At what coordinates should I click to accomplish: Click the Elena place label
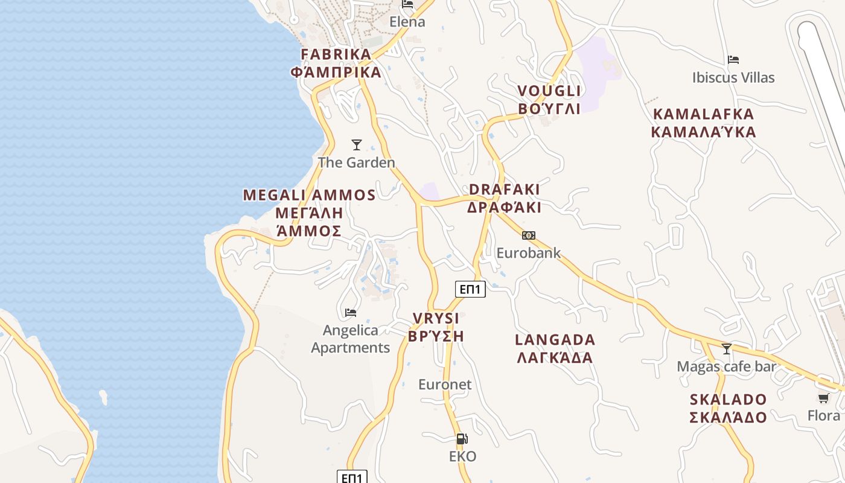(x=407, y=22)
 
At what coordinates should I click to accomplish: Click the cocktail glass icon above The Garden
(x=357, y=145)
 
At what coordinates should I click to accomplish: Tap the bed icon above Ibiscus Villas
(x=733, y=60)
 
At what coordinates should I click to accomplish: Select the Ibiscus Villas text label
(x=733, y=78)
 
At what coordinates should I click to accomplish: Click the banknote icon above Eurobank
(x=529, y=235)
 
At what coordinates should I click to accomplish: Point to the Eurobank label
(x=529, y=253)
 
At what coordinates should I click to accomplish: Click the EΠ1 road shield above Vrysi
(x=470, y=289)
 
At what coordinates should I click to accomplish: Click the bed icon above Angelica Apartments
(x=351, y=312)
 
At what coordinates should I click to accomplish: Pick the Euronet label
(x=445, y=385)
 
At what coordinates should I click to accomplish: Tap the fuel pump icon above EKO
(x=462, y=439)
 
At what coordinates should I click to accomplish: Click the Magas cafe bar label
(x=727, y=366)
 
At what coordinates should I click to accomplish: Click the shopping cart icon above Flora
(x=823, y=398)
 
